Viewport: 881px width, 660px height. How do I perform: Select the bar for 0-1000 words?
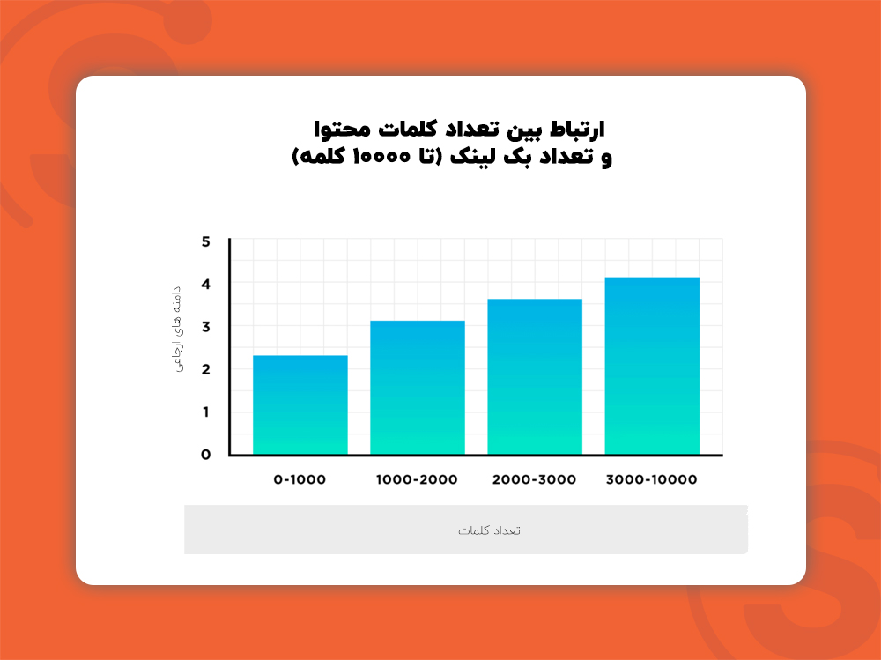pos(300,404)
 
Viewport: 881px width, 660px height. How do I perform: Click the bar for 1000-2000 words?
pos(417,388)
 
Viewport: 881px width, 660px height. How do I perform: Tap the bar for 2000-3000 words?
pos(535,376)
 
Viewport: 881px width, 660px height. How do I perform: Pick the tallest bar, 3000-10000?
pos(652,366)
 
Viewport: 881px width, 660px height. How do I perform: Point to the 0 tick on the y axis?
pos(205,455)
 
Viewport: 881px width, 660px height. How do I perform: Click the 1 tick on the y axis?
pos(205,412)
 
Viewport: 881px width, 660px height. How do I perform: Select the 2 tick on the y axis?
pos(205,369)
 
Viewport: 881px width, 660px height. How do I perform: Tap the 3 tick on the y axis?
pos(205,326)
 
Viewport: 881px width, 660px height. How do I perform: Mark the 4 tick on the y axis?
pos(205,284)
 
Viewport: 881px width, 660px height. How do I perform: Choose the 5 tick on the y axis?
pos(205,241)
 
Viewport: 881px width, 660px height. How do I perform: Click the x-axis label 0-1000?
pos(300,480)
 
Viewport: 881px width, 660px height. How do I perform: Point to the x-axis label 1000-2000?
pos(417,480)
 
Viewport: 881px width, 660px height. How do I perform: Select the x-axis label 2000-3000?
pos(535,480)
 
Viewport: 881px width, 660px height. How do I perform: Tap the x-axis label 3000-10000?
pos(652,480)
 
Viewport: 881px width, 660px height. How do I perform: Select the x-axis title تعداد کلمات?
pos(490,530)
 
